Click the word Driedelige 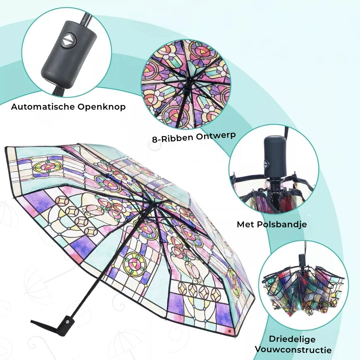click(x=292, y=339)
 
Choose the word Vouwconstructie click(x=293, y=350)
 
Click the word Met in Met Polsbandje click(x=245, y=224)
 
